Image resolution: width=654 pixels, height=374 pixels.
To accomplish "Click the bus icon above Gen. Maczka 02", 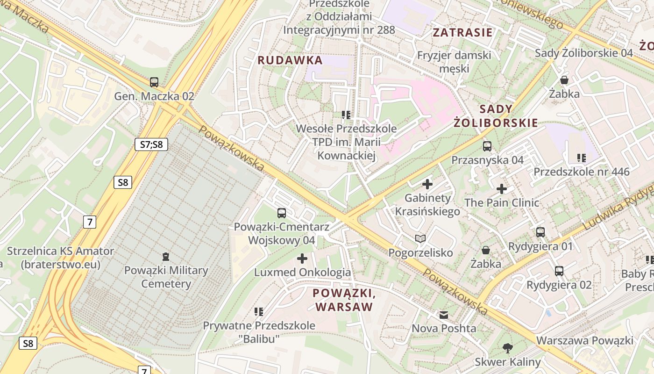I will click(154, 82).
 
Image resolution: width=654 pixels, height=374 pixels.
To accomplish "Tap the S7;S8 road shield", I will click(151, 144).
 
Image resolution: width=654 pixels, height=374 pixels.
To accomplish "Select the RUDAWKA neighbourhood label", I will click(290, 60).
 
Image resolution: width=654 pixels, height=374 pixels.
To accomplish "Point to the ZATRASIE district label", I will click(462, 32).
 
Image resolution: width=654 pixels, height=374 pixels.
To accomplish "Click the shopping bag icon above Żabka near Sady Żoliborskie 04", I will click(564, 80).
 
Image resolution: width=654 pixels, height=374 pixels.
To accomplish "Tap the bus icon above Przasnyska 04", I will click(487, 146).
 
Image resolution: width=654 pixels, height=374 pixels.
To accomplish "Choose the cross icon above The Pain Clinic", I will click(502, 189).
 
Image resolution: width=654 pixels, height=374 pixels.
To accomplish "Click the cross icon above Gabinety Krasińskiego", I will click(427, 184).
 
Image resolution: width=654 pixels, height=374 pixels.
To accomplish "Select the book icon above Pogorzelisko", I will click(420, 239).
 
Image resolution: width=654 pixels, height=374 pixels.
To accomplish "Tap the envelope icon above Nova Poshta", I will click(443, 315).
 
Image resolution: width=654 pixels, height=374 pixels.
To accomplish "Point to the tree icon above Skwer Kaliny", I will click(507, 348).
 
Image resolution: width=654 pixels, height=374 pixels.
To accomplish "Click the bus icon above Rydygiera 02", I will click(559, 271).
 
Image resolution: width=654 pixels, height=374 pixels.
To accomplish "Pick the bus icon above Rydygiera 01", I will click(540, 232).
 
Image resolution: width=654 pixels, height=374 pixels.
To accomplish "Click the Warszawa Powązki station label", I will click(584, 340).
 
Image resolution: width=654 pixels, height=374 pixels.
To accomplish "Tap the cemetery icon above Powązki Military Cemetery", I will click(165, 256).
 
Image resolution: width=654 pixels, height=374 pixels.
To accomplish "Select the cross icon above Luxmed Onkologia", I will click(302, 258).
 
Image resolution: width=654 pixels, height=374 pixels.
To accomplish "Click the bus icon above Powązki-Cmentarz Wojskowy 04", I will click(281, 213).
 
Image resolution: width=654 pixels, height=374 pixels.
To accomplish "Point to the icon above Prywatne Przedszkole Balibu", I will click(259, 311).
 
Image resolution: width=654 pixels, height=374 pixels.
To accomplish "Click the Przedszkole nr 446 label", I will click(581, 172).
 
